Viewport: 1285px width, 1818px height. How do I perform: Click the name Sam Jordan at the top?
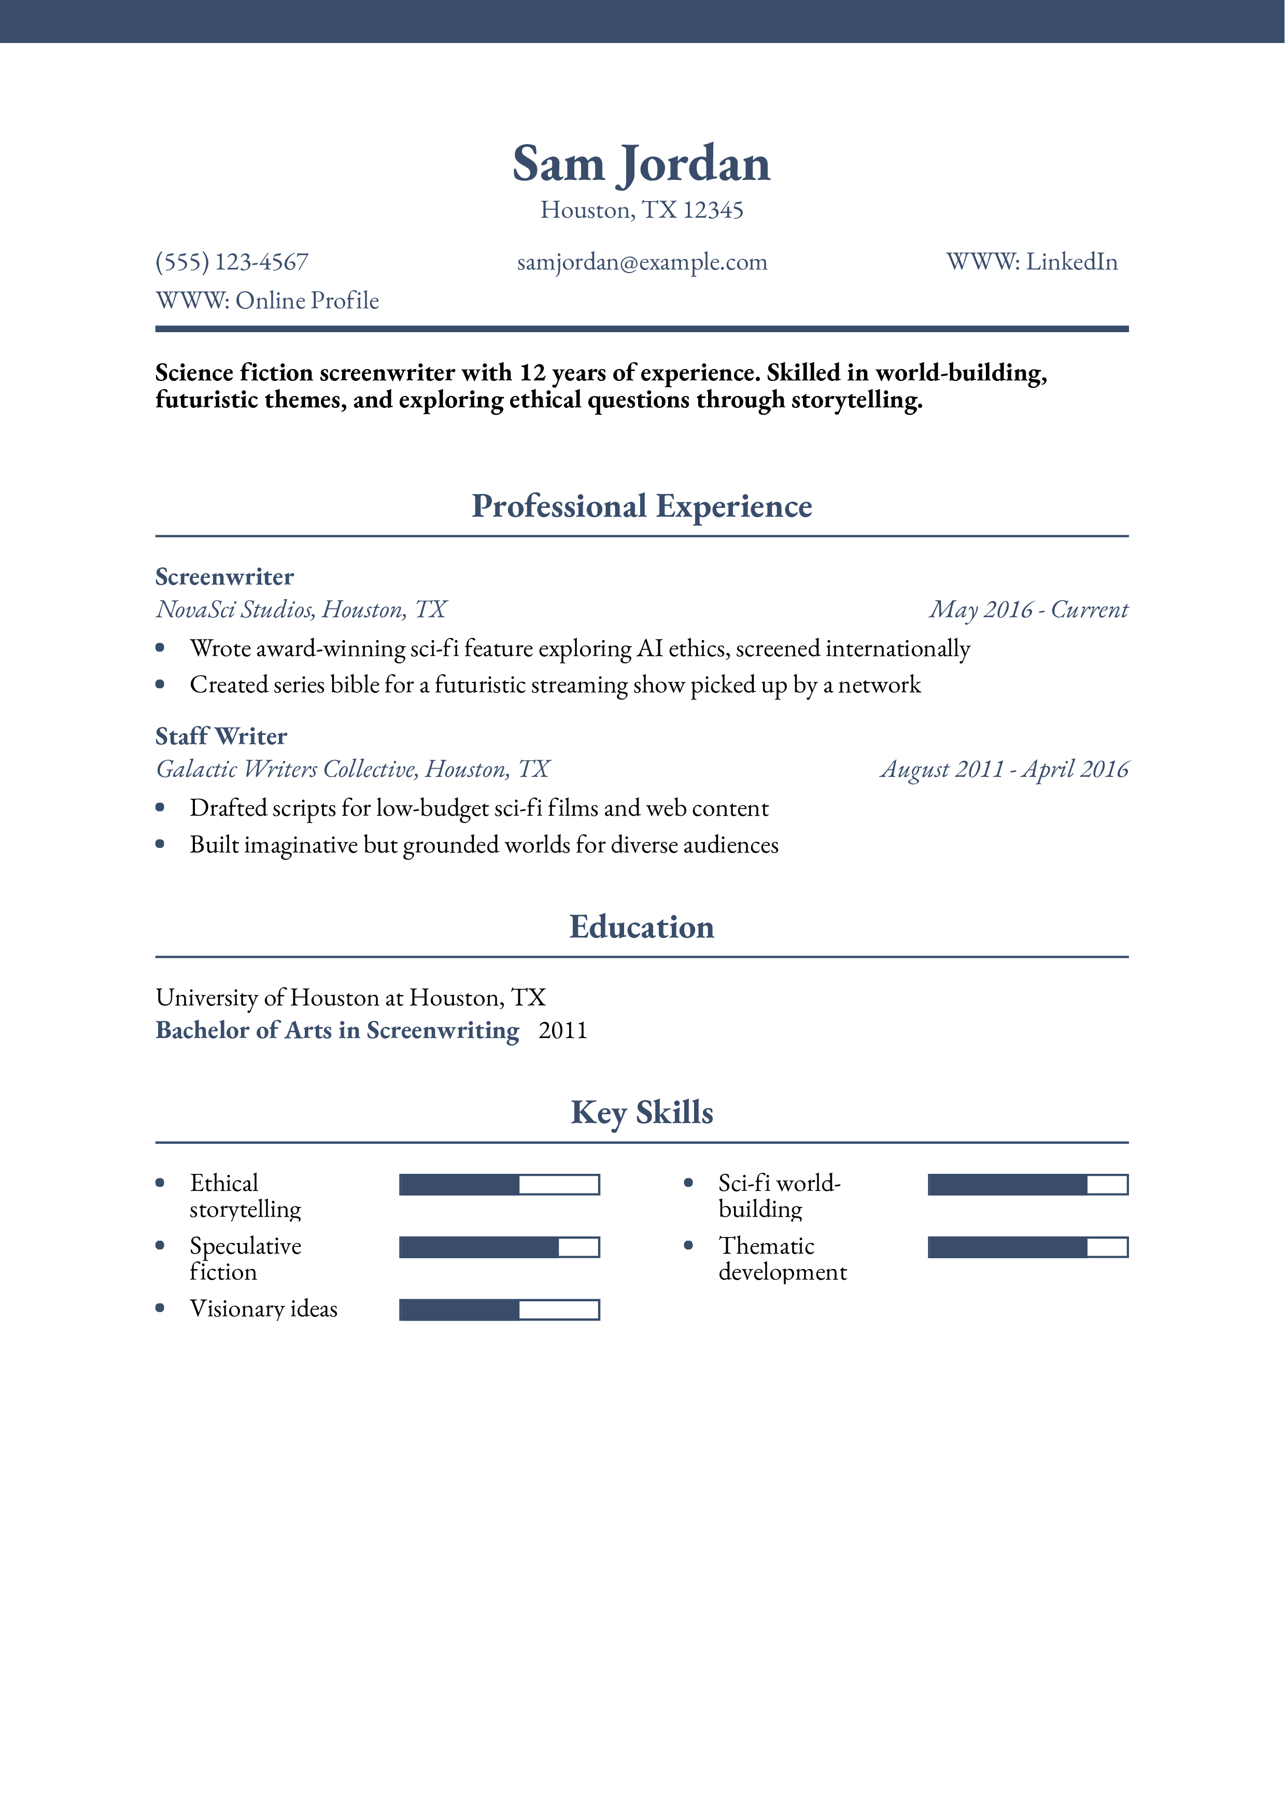641,164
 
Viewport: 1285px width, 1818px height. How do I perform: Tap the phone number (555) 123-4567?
232,262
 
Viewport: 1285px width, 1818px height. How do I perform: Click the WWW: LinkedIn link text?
1032,262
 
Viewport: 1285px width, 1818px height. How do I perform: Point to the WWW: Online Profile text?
267,301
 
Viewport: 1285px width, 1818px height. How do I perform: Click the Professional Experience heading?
641,506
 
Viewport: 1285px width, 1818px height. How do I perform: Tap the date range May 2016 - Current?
1028,609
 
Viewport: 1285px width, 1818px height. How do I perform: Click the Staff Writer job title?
221,736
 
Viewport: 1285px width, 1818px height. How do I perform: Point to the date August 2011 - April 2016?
1004,769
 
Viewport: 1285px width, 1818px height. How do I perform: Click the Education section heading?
641,927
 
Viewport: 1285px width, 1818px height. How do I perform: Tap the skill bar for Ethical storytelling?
499,1185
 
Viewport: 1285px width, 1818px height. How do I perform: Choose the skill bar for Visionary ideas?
499,1310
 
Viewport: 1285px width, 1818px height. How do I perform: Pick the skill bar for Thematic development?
1027,1247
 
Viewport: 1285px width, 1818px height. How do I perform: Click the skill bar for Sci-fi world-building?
1027,1185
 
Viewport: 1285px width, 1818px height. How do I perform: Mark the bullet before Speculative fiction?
160,1245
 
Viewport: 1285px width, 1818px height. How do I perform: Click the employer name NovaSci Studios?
235,609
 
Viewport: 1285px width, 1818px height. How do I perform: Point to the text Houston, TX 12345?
641,210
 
